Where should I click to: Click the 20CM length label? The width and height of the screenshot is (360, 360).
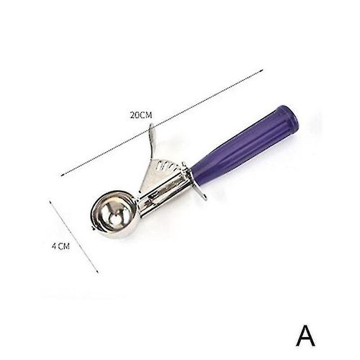(141, 115)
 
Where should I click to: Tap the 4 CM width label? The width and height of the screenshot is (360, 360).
(61, 246)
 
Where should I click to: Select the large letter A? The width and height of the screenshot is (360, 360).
(305, 336)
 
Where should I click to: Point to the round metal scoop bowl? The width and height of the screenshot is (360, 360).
(114, 215)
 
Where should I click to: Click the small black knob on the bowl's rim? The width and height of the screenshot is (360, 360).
(93, 228)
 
